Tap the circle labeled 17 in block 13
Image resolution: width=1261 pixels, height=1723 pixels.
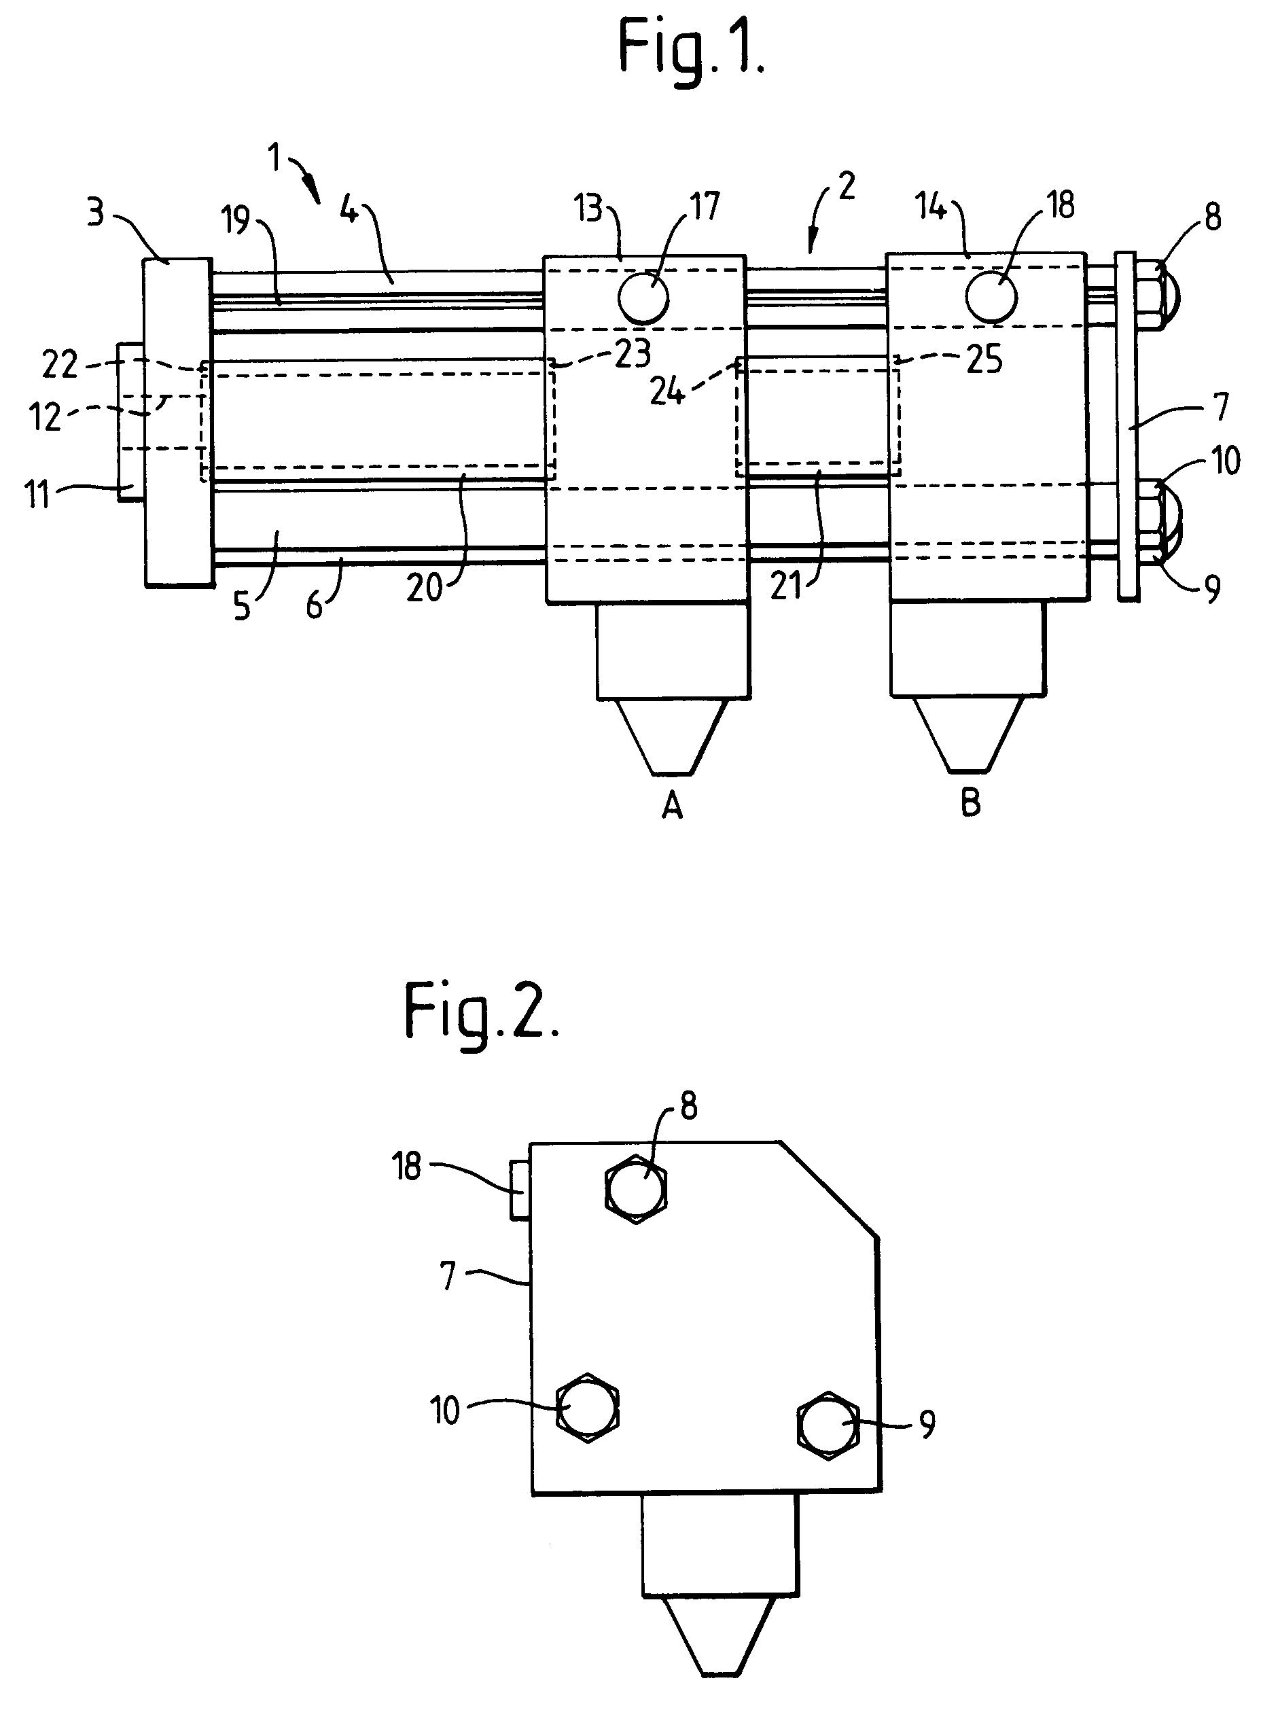pyautogui.click(x=643, y=297)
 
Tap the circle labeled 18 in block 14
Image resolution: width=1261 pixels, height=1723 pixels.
pyautogui.click(x=991, y=297)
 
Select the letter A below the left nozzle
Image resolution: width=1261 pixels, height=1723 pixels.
pyautogui.click(x=672, y=804)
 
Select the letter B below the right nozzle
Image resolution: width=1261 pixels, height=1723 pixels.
pyautogui.click(x=970, y=802)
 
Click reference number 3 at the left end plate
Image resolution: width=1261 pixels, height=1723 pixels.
pyautogui.click(x=95, y=214)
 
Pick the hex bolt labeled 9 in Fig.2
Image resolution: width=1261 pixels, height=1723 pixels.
pyautogui.click(x=828, y=1425)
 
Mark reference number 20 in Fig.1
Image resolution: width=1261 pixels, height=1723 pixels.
pyautogui.click(x=425, y=588)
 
